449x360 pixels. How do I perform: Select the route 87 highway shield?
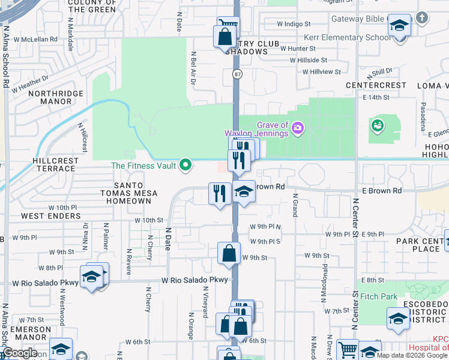[x=237, y=73]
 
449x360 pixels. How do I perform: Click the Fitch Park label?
[x=378, y=296]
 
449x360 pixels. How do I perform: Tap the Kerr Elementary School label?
[x=347, y=37]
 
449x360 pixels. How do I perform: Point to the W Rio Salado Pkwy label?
[x=194, y=280]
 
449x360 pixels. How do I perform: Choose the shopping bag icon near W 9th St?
[x=229, y=253]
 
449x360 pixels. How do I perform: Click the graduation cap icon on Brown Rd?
[x=244, y=192]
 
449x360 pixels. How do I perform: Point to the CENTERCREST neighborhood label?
[x=376, y=85]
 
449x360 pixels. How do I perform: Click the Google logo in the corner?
[x=20, y=353]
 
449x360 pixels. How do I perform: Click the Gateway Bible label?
[x=358, y=19]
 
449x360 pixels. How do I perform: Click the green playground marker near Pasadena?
[x=378, y=125]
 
